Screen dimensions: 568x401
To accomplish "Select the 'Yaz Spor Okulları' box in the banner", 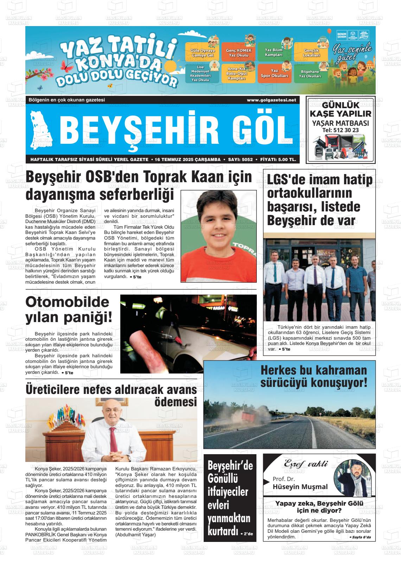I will coord(274,73).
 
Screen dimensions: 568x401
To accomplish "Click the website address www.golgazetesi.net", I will coord(271,100).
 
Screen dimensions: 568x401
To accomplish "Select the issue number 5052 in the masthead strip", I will coord(245,160).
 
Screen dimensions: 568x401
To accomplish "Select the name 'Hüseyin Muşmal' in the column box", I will coord(300,487).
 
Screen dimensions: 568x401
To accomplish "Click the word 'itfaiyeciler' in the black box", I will coord(228,492).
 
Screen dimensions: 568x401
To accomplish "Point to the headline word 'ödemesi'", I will coord(176,402).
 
